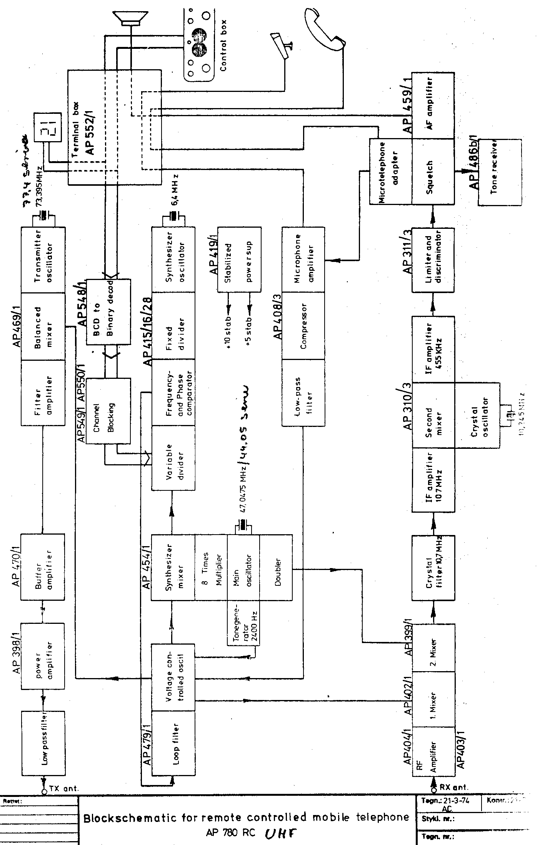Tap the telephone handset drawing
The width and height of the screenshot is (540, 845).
[x=325, y=27]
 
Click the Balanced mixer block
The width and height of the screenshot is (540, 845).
[x=43, y=326]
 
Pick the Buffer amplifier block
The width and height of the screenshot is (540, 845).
[x=43, y=566]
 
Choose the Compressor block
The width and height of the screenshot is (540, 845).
[x=303, y=326]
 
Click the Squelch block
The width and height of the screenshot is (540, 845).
[x=433, y=172]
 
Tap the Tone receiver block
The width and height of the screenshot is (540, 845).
[x=499, y=173]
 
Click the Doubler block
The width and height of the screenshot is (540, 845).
[x=275, y=567]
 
